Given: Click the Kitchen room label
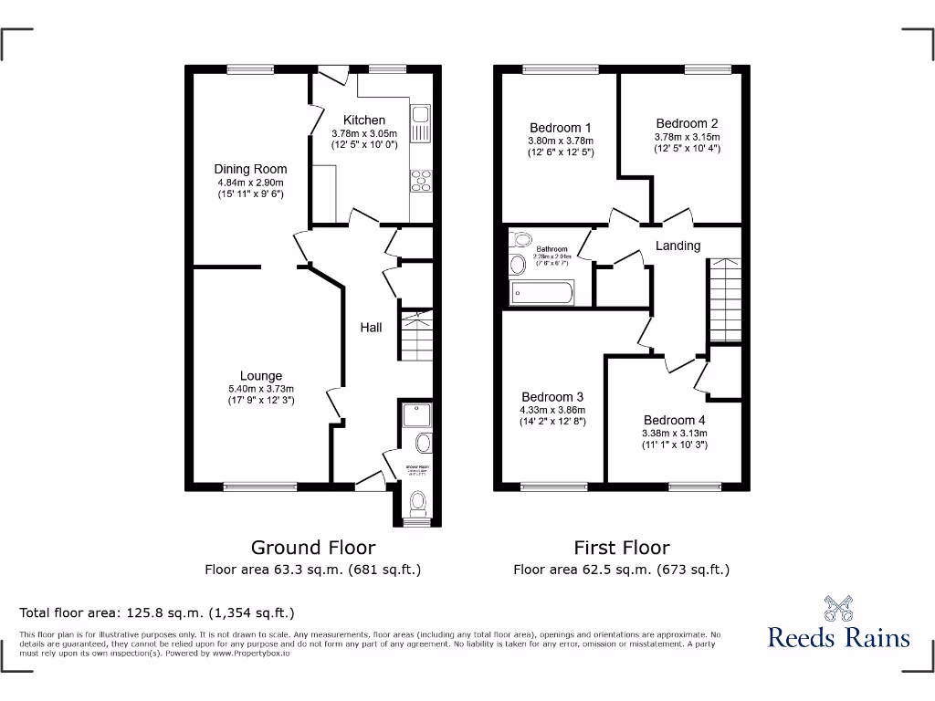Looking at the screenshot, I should tap(364, 120).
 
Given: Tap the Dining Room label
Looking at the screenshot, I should tap(250, 169).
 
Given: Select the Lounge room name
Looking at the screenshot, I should tap(261, 375).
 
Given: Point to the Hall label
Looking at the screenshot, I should tap(371, 328).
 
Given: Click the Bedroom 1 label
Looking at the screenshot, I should tap(561, 128).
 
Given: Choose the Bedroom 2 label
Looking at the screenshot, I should tap(687, 123).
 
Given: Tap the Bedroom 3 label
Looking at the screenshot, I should tap(552, 397).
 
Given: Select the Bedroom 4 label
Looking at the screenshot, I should tap(674, 420).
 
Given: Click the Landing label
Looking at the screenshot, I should tap(678, 246).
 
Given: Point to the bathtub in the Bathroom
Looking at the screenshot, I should tap(541, 294).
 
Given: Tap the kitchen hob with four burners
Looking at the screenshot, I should tap(422, 182).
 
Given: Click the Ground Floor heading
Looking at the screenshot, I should tap(313, 548).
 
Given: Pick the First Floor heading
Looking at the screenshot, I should tap(621, 548).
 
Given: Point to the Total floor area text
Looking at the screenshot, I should tap(157, 613).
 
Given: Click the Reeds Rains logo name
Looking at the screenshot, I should tap(838, 637).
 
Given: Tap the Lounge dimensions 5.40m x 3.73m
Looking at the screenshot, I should tap(261, 388).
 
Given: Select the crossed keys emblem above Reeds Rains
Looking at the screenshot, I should tap(838, 607).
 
